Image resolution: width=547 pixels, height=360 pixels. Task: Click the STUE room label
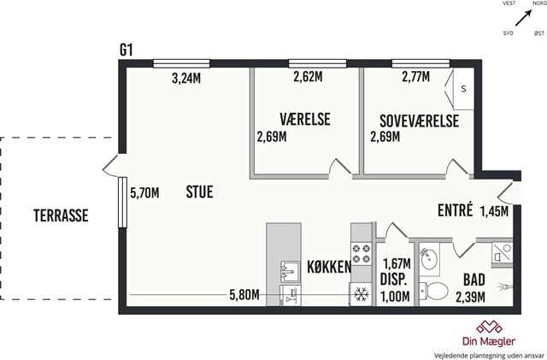[x=199, y=192]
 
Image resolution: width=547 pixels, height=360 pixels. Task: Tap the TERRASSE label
[x=61, y=215]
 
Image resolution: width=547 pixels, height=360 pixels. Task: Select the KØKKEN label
[x=329, y=267]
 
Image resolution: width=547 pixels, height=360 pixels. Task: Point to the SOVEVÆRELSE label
[x=419, y=121]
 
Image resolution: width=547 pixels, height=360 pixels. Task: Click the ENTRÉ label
[x=456, y=210]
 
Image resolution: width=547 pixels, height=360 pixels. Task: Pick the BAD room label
[x=474, y=280]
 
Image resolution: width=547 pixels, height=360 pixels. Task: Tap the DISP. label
[x=393, y=280]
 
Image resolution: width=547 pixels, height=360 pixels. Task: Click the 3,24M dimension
[x=186, y=79]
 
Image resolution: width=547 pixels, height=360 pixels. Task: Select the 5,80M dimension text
[x=244, y=295]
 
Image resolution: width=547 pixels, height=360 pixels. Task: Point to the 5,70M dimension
[x=144, y=192]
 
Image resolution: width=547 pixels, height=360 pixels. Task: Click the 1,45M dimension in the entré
[x=494, y=211]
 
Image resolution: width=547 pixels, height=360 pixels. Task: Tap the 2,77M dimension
[x=416, y=77]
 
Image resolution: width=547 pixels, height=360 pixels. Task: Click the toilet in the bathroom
[x=433, y=291]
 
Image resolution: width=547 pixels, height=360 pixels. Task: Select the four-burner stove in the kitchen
[x=361, y=253]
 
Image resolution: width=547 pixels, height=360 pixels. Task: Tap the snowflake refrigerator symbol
[x=362, y=295]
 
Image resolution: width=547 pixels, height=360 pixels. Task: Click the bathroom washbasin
[x=428, y=258]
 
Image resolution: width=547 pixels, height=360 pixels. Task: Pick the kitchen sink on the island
[x=291, y=273]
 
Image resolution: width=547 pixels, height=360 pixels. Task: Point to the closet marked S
[x=463, y=89]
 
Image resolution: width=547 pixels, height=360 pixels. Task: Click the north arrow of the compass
[x=523, y=17]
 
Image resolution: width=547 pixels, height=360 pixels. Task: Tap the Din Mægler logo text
[x=489, y=341]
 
